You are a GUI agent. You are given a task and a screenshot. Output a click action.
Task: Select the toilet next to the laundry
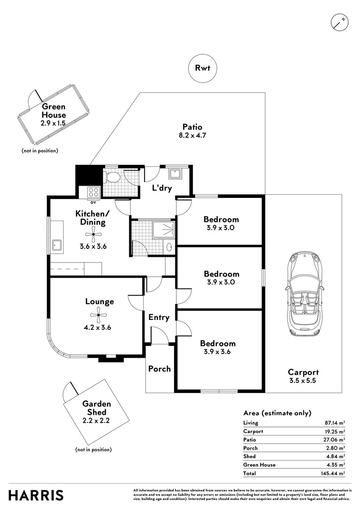click(x=113, y=178)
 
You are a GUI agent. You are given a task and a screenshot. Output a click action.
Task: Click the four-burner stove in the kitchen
click(x=93, y=192)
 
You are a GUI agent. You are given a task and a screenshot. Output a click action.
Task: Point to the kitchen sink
click(x=57, y=245)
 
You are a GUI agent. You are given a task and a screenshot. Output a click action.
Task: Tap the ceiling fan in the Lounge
click(x=98, y=315)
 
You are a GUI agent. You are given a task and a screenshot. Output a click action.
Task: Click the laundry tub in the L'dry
click(x=175, y=173)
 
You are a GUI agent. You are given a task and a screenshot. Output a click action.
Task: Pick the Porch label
click(x=160, y=369)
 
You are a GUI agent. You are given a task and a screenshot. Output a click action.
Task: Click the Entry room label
click(x=159, y=318)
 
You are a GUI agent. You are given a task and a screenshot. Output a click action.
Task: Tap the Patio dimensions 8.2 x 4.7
click(x=192, y=135)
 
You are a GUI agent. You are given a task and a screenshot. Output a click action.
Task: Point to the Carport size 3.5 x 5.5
click(x=303, y=380)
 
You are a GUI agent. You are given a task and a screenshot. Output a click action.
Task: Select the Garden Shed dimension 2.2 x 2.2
click(x=96, y=421)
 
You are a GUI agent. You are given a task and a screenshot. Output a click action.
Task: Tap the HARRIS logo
click(x=36, y=495)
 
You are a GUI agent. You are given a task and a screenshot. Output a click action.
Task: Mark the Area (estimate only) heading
click(x=277, y=413)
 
